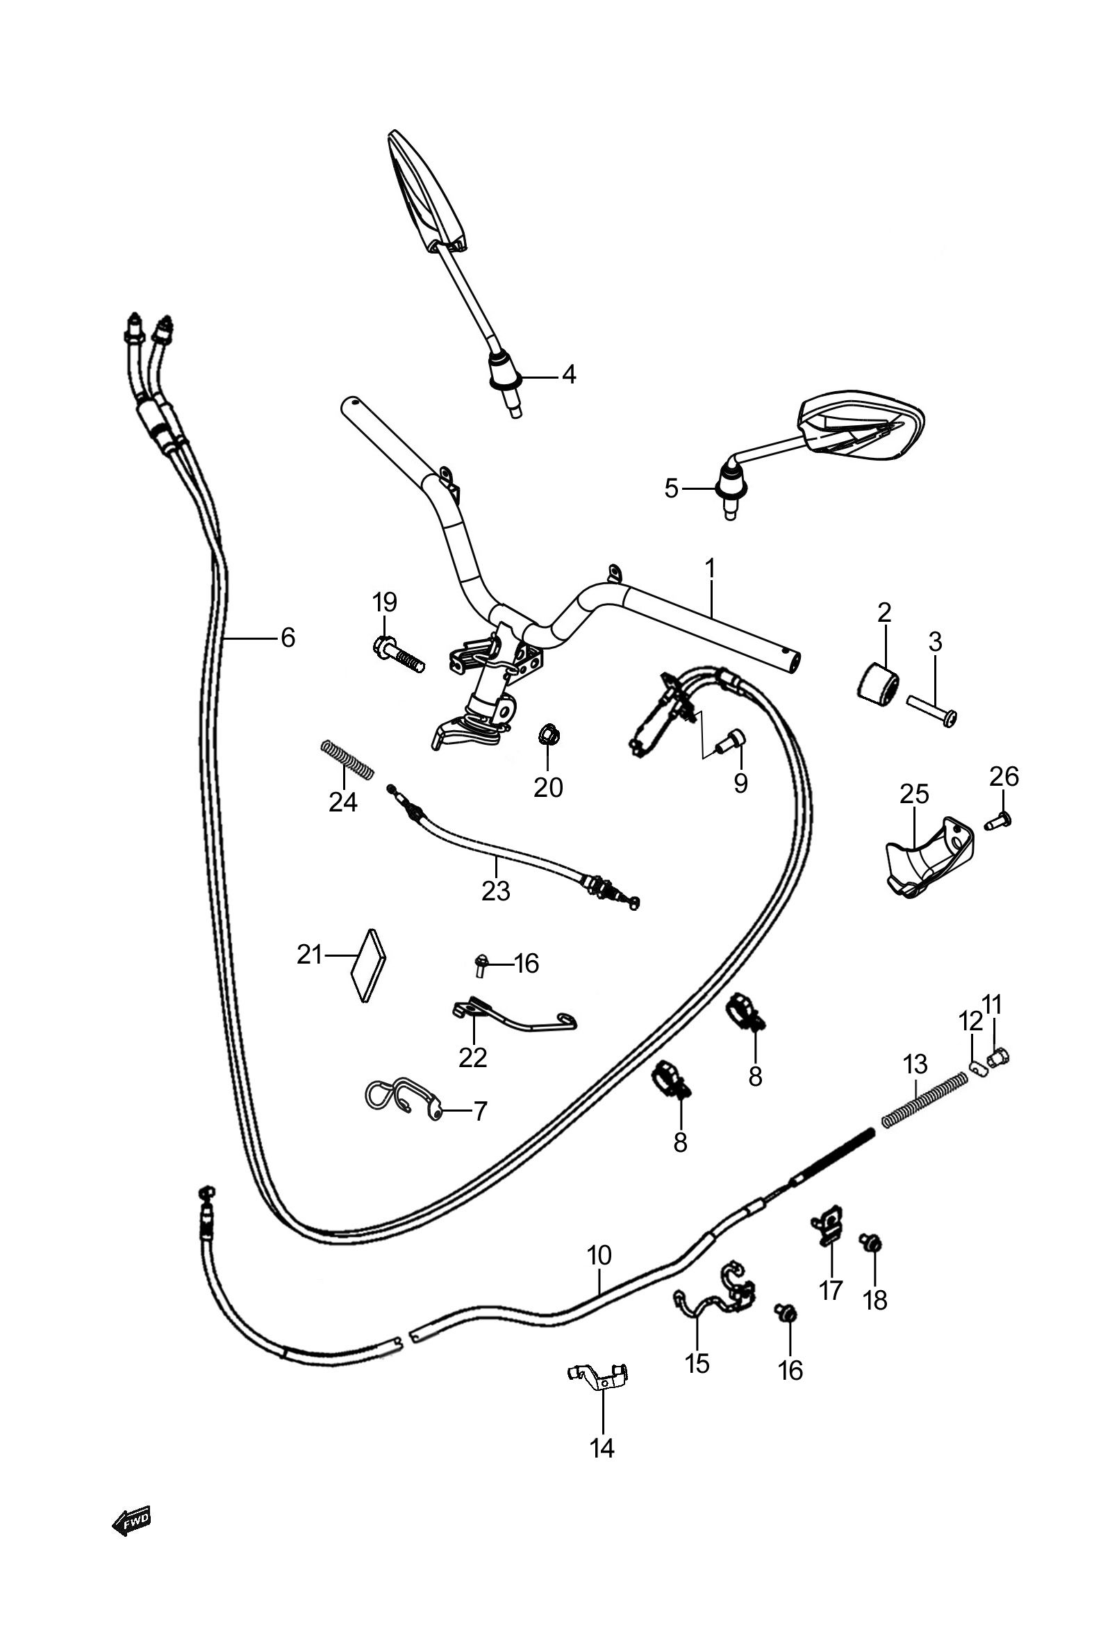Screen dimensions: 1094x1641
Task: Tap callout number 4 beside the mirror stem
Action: [x=570, y=375]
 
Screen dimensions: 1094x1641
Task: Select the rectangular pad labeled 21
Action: [x=369, y=965]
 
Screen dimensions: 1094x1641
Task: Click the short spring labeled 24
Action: [x=347, y=759]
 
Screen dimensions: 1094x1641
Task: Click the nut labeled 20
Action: [x=549, y=735]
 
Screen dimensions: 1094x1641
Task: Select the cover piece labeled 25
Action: [x=929, y=857]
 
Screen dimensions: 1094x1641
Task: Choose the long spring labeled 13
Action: [x=925, y=1099]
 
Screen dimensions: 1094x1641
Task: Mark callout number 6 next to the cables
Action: [x=288, y=637]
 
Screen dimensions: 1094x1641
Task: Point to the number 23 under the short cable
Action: [x=496, y=891]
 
